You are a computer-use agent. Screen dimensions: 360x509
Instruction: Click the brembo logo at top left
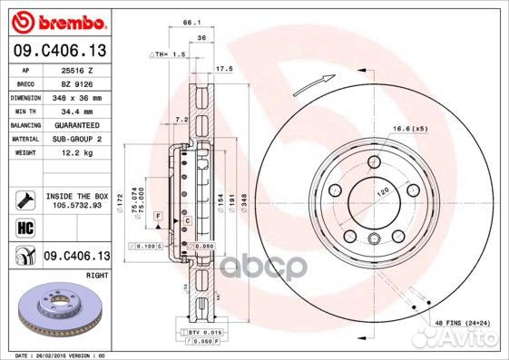tap(57, 20)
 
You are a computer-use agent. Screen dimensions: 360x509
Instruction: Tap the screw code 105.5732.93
tap(76, 205)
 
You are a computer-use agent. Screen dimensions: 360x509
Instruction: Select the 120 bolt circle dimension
tap(382, 193)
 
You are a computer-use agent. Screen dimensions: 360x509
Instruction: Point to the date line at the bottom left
tap(56, 355)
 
